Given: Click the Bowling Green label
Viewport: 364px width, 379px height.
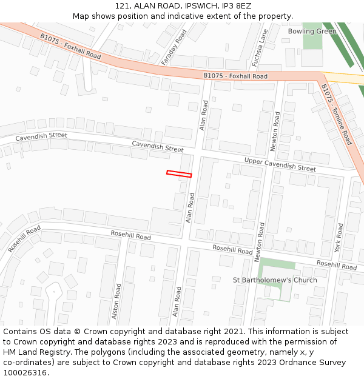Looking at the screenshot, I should click(312, 32).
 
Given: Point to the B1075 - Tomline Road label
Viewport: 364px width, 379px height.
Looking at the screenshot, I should click(336, 114).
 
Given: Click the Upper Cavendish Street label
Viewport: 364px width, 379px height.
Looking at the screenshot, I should click(280, 164).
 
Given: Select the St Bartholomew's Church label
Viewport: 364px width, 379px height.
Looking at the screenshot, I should click(275, 280).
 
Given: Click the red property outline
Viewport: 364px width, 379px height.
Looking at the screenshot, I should click(179, 174).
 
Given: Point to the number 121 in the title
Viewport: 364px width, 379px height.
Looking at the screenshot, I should click(122, 6).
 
